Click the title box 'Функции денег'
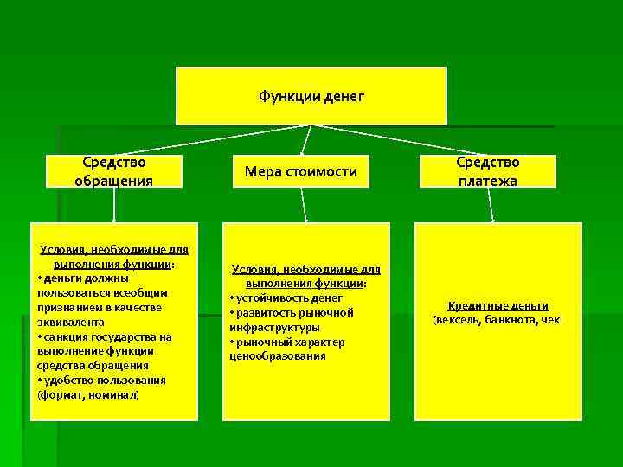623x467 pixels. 311,96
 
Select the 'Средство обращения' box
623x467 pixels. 113,171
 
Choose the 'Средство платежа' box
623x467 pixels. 488,171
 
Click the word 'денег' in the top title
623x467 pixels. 344,96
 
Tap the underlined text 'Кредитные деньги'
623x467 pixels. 498,306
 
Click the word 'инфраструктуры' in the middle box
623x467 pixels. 275,327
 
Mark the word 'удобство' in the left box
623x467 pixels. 68,380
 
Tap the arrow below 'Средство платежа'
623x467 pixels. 490,205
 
